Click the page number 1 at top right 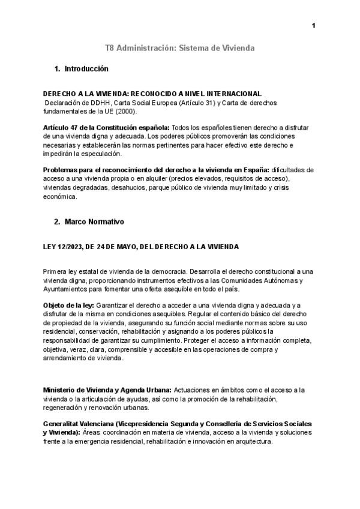click(313, 25)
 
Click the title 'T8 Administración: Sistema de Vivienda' click(180, 47)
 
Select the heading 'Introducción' click(86, 69)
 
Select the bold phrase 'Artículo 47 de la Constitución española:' click(106, 128)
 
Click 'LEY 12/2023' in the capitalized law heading click(64, 247)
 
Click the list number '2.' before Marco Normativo click(57, 221)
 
